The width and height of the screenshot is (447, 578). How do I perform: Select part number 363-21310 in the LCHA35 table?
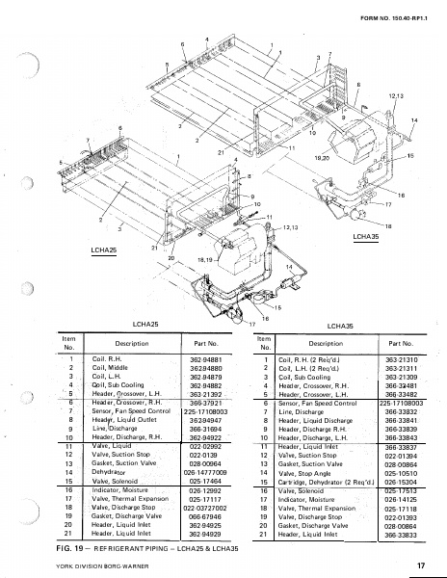tap(399, 359)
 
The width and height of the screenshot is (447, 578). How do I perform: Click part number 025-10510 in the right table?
tap(399, 473)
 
